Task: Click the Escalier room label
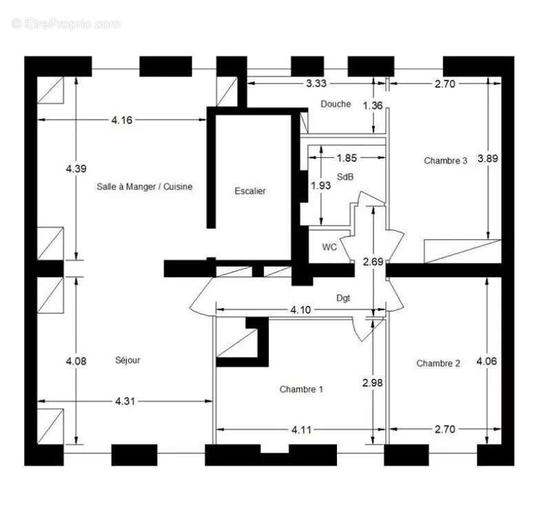coord(249,191)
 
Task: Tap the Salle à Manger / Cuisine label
coord(144,186)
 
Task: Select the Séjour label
coord(127,360)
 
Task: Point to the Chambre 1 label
coord(301,389)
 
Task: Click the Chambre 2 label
coord(438,363)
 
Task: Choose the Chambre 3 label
coord(445,161)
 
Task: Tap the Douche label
coord(336,104)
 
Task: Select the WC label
coord(329,247)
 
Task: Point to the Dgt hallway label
coord(342,298)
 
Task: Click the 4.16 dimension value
coord(121,120)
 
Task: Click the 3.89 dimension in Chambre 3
coord(487,158)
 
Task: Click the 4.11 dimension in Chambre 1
coord(300,429)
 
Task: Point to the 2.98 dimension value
coord(372,382)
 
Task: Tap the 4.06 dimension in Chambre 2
coord(487,360)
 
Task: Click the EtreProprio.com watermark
coord(66,23)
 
